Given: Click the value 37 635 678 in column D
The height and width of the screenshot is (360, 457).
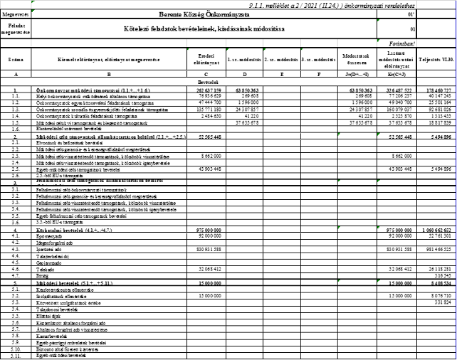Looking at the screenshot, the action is pyautogui.click(x=243, y=122).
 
